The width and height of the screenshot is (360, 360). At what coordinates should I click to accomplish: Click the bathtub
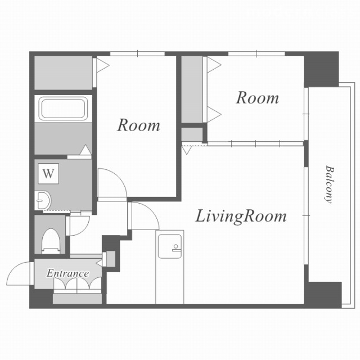pos(63,109)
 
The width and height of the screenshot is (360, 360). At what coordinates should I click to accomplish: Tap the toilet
pos(51,241)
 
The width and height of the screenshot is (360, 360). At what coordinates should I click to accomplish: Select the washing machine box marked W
pos(48,173)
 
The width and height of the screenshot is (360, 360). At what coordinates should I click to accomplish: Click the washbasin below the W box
pos(43,200)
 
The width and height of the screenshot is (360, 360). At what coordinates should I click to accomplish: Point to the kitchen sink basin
pos(170,246)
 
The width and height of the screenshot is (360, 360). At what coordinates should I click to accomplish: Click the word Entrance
pos(67,273)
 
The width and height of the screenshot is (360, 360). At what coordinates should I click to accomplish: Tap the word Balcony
pos(330,184)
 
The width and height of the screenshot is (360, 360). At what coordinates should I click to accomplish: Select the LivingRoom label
pos(241,216)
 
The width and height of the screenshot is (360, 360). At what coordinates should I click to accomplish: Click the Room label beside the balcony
pos(258,97)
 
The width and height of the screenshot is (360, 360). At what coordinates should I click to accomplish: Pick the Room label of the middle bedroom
pos(139,125)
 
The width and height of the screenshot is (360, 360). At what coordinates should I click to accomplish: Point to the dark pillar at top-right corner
pos(321,69)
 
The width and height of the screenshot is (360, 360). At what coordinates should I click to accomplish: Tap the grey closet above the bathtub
pos(64,73)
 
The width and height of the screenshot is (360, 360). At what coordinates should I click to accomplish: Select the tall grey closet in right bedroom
pos(192,89)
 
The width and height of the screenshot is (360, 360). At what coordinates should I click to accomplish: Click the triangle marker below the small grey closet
pos(187,150)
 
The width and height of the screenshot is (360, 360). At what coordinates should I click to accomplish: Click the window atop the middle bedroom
pos(137,54)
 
